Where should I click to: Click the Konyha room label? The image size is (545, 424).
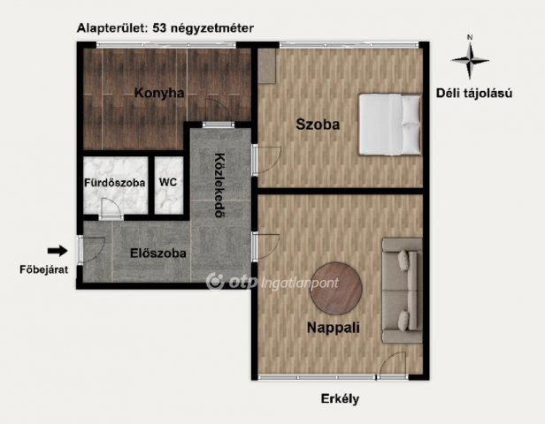159,93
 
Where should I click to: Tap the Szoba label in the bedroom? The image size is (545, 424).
319,125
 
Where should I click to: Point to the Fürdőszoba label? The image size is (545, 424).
114,183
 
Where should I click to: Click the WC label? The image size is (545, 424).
168,183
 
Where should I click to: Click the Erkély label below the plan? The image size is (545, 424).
340,399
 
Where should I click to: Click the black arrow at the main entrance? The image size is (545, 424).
57,250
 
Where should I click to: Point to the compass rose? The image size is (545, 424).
470,61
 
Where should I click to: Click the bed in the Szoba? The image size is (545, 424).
389,125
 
